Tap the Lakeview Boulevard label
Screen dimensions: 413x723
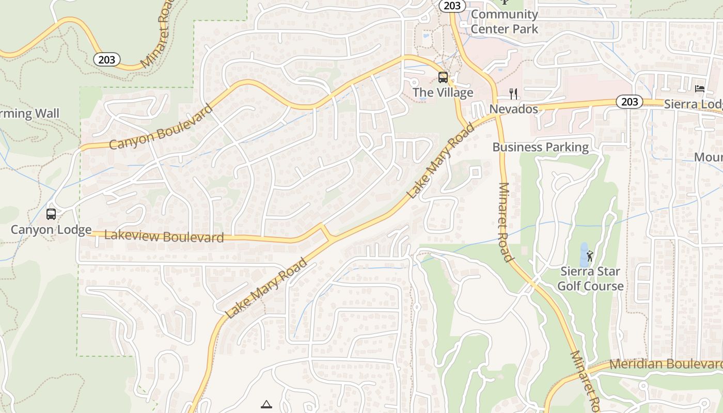pyautogui.click(x=164, y=236)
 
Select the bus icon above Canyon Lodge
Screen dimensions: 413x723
pyautogui.click(x=51, y=214)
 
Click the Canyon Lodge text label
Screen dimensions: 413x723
pyautogui.click(x=51, y=230)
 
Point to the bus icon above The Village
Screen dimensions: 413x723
pyautogui.click(x=443, y=77)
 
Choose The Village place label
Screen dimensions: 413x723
pyautogui.click(x=443, y=93)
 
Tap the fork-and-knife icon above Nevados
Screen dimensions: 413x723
pyautogui.click(x=513, y=93)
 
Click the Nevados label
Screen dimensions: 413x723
pyautogui.click(x=513, y=109)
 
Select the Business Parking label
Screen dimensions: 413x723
pyautogui.click(x=540, y=147)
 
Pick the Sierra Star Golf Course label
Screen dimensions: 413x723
pyautogui.click(x=590, y=279)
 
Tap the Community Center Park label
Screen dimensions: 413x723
pyautogui.click(x=504, y=22)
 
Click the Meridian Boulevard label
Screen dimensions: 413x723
pyautogui.click(x=666, y=364)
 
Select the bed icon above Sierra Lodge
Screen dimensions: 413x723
pyautogui.click(x=700, y=89)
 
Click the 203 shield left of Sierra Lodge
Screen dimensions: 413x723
pyautogui.click(x=630, y=102)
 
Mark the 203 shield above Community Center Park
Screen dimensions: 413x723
pyautogui.click(x=453, y=6)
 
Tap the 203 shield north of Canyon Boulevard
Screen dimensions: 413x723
pyautogui.click(x=107, y=60)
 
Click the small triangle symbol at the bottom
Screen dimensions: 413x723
pyautogui.click(x=266, y=404)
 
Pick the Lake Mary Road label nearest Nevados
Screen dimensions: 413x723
pyautogui.click(x=440, y=161)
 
